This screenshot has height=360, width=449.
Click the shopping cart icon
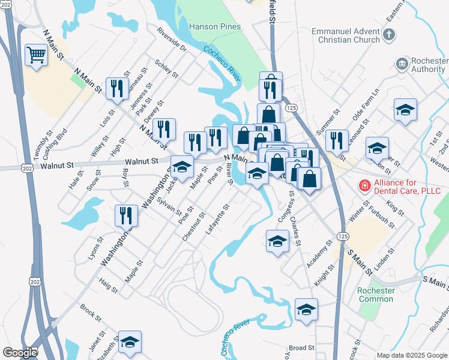coord(37,55)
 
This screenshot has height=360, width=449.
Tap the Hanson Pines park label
coord(215,26)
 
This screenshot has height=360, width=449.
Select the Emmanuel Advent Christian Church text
coord(346,35)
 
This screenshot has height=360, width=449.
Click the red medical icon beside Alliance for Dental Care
coord(364,187)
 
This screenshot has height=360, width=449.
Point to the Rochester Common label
coord(376,295)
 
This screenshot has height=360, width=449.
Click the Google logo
coord(20,353)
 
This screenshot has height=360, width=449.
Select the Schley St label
coord(166,68)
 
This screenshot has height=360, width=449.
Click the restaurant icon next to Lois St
coord(117,88)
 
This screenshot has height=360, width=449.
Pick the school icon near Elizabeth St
coord(130,341)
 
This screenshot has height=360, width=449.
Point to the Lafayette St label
coord(218,220)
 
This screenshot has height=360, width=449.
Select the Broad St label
coord(301,347)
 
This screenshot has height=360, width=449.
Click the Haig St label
coord(109,287)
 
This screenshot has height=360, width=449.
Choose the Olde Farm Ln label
coord(367,103)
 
